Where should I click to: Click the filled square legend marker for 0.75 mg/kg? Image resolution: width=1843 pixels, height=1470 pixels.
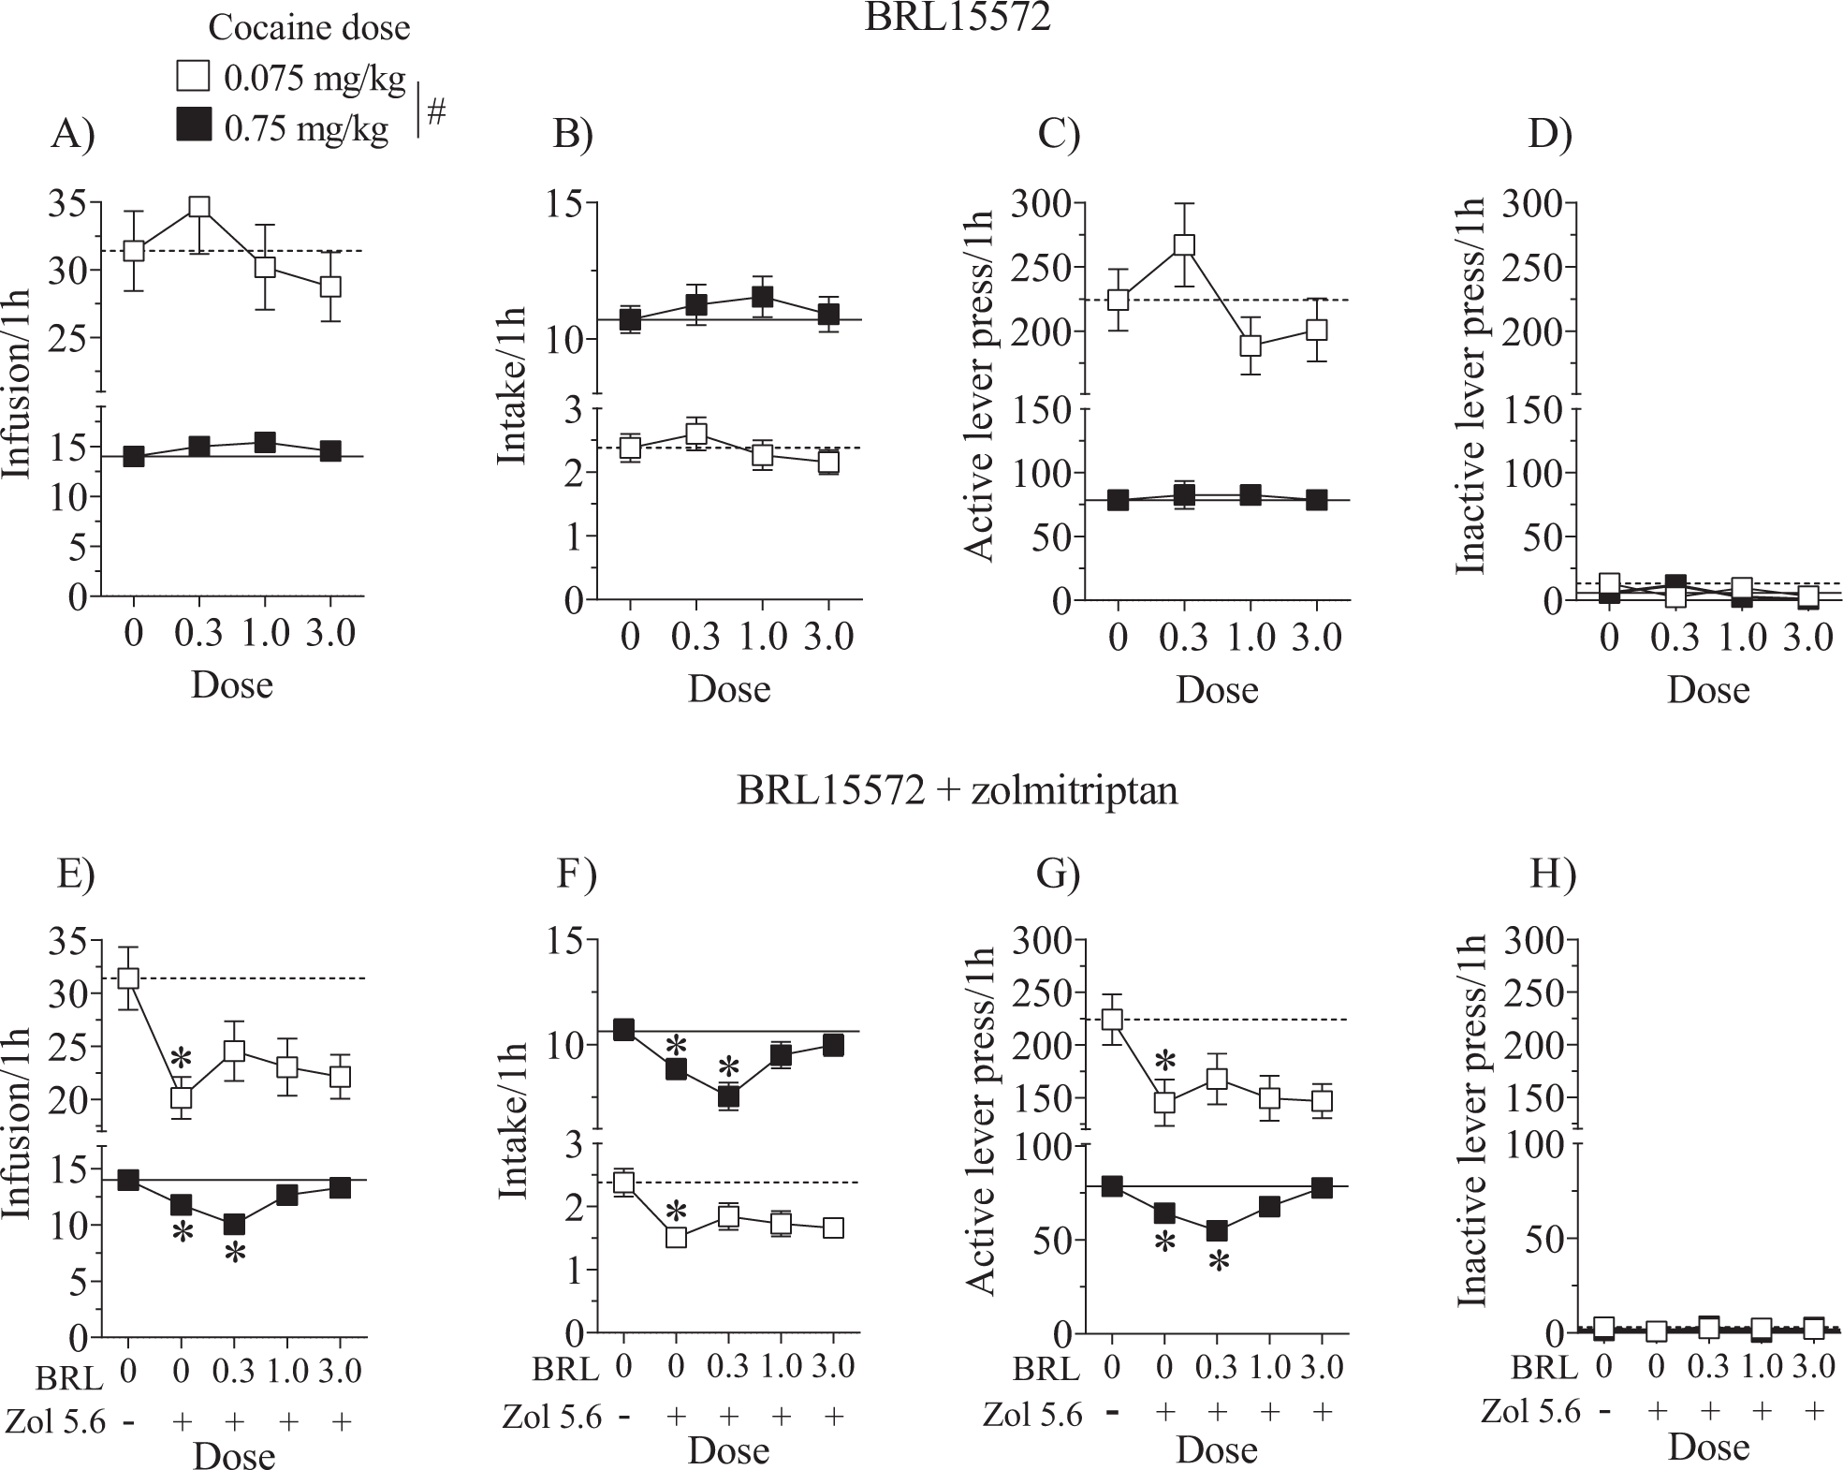[192, 125]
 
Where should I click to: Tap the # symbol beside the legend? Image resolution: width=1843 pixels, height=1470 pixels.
[436, 112]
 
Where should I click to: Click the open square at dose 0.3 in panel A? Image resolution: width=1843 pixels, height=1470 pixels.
[198, 207]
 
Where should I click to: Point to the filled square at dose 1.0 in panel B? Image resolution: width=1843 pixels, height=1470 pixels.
[762, 297]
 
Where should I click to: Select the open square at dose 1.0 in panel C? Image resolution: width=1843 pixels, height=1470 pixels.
[1251, 345]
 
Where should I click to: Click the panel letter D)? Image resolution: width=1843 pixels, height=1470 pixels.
[1550, 135]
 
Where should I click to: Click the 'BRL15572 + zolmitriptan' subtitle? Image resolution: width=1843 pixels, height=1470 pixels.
[957, 791]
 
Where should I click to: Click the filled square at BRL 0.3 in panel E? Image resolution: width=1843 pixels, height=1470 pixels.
[234, 1224]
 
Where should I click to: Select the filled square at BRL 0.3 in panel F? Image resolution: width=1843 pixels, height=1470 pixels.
[728, 1097]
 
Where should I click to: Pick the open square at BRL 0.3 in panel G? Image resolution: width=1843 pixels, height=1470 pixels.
[1216, 1079]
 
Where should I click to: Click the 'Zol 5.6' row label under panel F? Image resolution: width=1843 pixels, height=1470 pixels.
[551, 1417]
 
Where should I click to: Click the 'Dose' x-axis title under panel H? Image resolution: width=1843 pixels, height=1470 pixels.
[1707, 1448]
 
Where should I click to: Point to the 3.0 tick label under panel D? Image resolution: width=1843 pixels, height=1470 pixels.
[1806, 638]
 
